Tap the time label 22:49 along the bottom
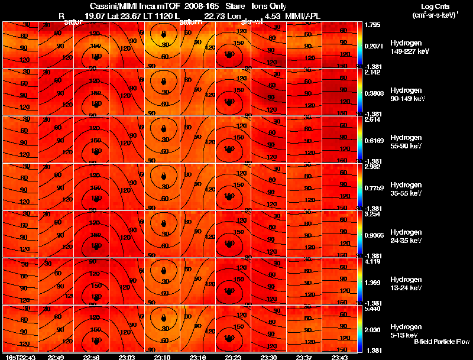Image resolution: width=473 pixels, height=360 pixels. [56, 357]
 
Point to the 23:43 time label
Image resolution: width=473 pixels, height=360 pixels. [339, 357]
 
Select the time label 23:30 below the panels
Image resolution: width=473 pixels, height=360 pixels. [269, 357]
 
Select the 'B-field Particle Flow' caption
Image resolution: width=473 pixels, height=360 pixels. [441, 342]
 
